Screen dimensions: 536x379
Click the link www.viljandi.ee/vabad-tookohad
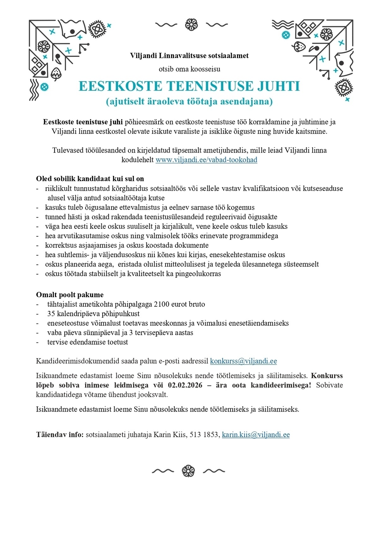[206, 160]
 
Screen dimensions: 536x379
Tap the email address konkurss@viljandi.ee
[243, 361]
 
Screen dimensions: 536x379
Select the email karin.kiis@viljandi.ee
[256, 435]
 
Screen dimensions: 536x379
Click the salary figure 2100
[162, 304]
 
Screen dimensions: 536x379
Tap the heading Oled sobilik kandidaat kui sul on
[90, 179]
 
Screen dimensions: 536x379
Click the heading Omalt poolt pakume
[70, 295]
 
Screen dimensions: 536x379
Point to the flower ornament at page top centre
[191, 25]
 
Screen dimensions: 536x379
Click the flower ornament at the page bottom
[188, 471]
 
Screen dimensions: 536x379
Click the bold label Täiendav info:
[60, 435]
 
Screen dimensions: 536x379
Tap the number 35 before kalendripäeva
[51, 314]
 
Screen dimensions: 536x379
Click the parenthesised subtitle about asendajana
[189, 102]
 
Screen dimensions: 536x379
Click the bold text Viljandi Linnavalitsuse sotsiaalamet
[189, 56]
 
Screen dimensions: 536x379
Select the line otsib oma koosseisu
[189, 69]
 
